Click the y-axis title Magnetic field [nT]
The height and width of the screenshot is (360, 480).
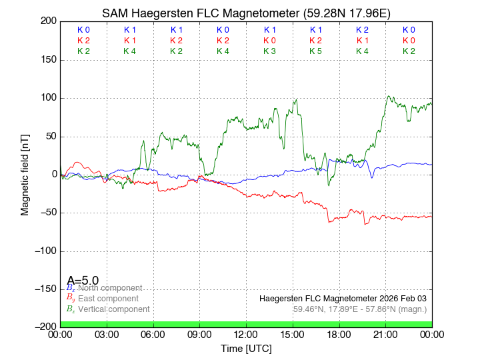click(x=25, y=174)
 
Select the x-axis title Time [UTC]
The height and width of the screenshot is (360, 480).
click(x=246, y=349)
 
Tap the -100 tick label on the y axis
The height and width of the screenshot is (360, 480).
click(x=44, y=251)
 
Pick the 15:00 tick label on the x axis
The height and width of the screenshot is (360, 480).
click(x=293, y=334)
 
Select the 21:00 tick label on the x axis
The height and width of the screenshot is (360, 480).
click(x=385, y=334)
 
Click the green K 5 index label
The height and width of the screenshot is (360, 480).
click(x=316, y=51)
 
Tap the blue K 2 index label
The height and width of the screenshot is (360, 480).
click(x=362, y=30)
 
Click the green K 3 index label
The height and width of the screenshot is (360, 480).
click(x=269, y=51)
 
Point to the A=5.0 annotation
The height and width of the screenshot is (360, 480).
click(x=83, y=280)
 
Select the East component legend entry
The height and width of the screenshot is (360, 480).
click(x=108, y=299)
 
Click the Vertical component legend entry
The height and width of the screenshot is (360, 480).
click(x=113, y=309)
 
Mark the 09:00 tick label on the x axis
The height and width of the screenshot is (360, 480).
click(x=200, y=334)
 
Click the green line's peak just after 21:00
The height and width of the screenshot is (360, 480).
click(x=389, y=96)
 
